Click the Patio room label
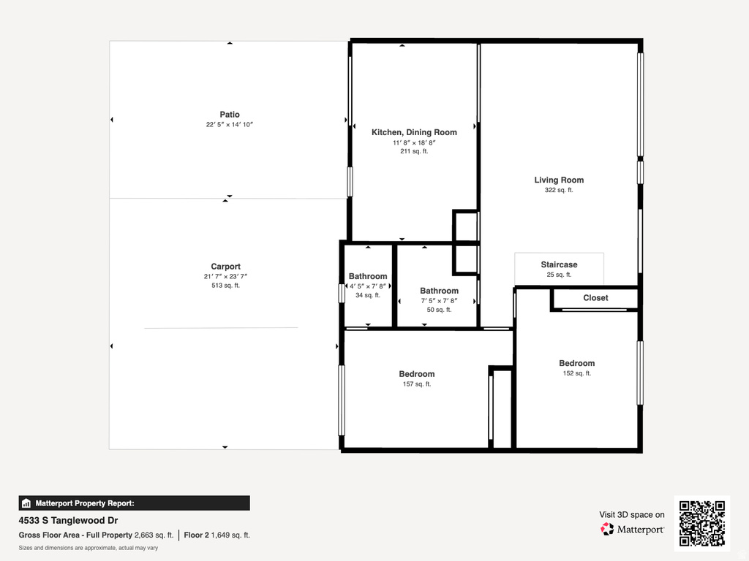click(229, 115)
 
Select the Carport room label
click(225, 267)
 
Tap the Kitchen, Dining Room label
click(414, 132)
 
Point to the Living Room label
click(559, 180)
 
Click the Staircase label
click(559, 264)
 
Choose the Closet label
click(595, 298)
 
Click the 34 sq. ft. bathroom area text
click(368, 295)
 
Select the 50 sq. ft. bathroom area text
click(439, 310)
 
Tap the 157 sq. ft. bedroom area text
click(417, 384)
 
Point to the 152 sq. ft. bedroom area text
click(576, 373)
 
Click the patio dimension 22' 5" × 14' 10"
click(229, 125)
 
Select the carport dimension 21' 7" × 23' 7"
click(225, 277)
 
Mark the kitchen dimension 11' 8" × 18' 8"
click(414, 142)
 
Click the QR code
click(701, 523)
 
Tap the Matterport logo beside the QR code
click(632, 529)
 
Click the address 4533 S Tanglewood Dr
click(68, 521)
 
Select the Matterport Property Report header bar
click(134, 503)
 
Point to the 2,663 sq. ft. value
click(154, 535)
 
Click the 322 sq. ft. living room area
click(559, 190)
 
